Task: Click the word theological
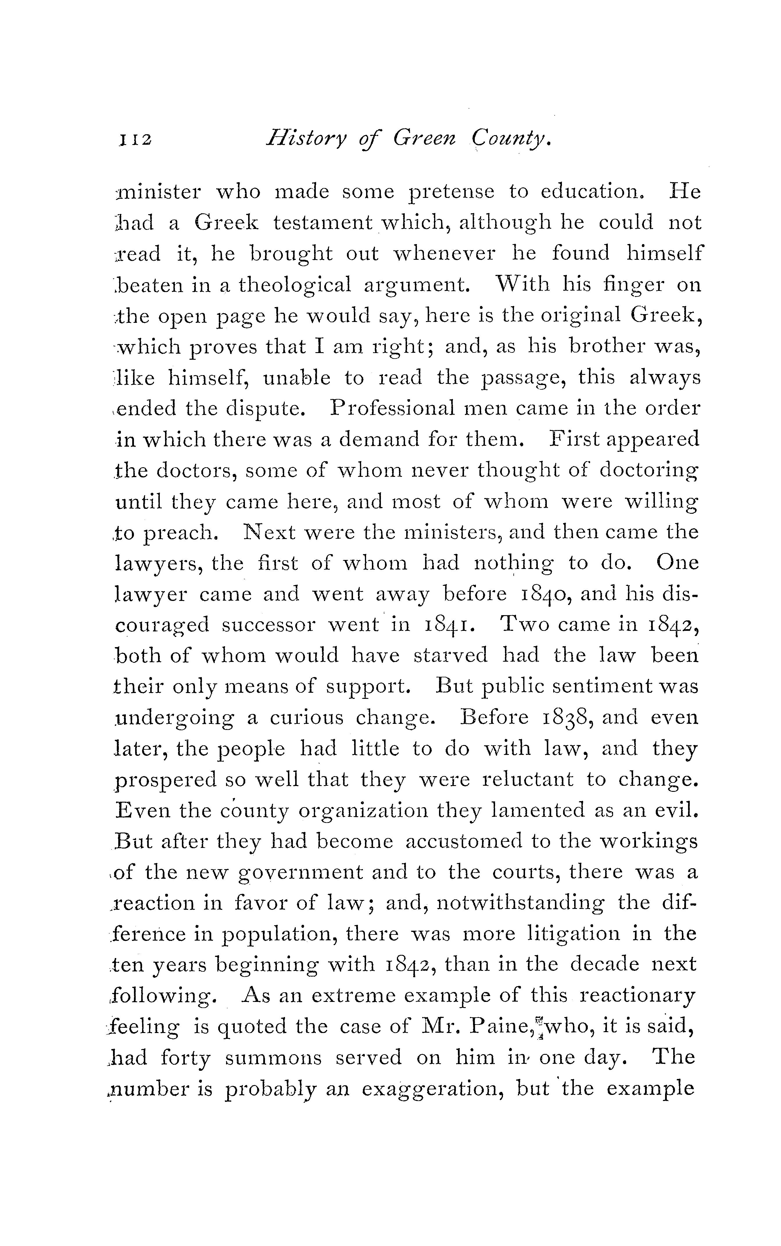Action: [x=295, y=285]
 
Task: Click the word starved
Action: [x=450, y=656]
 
